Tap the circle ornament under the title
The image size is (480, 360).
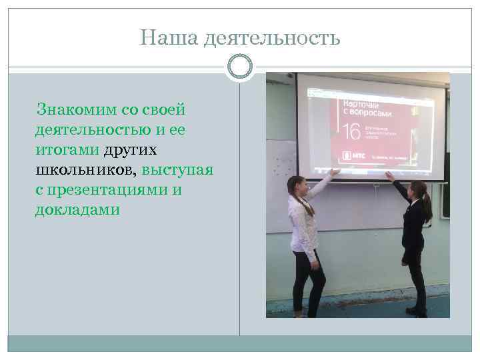click(240, 67)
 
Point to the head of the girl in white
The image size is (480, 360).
click(299, 186)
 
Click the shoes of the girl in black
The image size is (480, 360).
click(417, 311)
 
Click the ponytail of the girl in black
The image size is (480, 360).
click(426, 207)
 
